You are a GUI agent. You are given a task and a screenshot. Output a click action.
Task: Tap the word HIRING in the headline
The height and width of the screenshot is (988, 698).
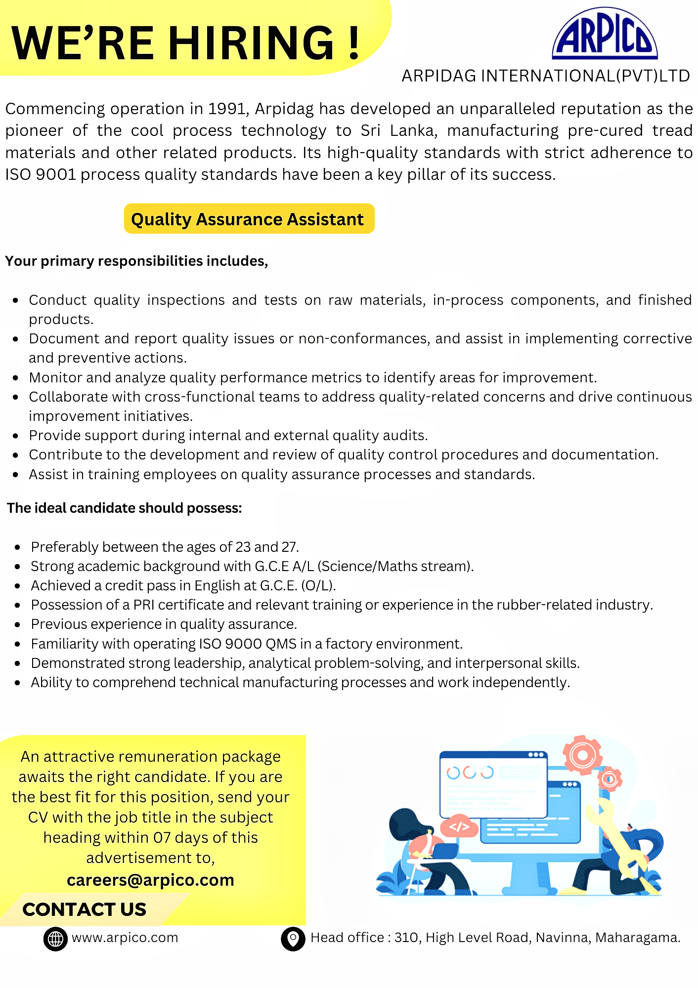coord(252,43)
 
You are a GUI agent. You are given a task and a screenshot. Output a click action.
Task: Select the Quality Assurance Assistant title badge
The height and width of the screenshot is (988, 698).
coord(249,219)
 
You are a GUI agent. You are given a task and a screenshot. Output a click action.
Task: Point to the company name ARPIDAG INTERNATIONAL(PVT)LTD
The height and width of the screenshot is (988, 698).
coord(546,76)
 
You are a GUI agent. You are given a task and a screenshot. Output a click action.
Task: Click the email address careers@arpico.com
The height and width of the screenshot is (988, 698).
coord(150,880)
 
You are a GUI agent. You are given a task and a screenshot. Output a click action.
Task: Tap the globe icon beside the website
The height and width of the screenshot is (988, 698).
coord(55,938)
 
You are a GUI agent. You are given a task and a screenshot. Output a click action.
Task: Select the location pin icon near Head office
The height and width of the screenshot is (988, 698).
coord(293,938)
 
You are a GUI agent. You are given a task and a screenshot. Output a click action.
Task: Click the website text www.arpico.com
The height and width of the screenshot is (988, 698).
coord(125,938)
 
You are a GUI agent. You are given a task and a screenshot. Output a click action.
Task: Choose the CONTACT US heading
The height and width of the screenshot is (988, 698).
coord(85,909)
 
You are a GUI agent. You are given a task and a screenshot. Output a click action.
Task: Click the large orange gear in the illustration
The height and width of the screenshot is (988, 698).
coord(582,755)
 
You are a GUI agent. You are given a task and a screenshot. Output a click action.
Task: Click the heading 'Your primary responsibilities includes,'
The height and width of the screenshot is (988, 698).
coord(136,261)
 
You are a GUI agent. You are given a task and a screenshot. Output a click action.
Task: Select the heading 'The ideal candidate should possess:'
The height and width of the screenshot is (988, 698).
coord(125,508)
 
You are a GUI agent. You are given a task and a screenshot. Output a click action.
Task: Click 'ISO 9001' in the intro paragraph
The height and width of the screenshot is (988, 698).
coord(41,175)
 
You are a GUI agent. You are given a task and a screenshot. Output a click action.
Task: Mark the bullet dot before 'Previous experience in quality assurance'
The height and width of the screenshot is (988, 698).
coord(18,625)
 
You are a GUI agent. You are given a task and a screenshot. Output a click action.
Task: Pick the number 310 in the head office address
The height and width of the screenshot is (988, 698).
coord(406,938)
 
